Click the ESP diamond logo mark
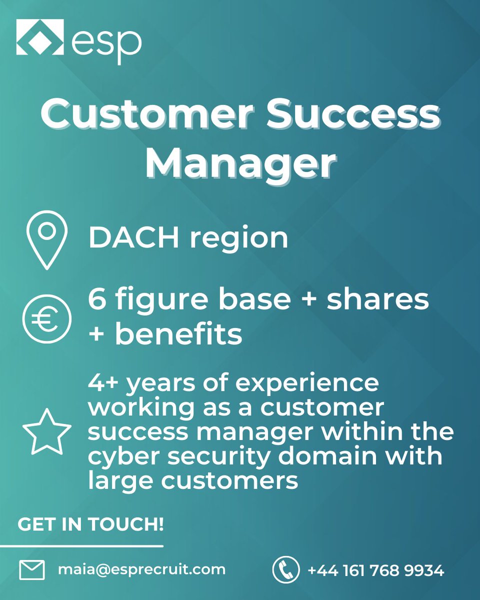[x=40, y=37]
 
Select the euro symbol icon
[x=47, y=318]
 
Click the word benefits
[x=179, y=334]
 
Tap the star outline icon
[x=47, y=432]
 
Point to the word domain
[x=324, y=456]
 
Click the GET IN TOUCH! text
[x=90, y=525]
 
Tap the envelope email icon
[x=32, y=570]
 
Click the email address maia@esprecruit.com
[x=141, y=569]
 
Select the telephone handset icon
[x=285, y=570]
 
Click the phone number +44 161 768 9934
[x=375, y=570]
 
